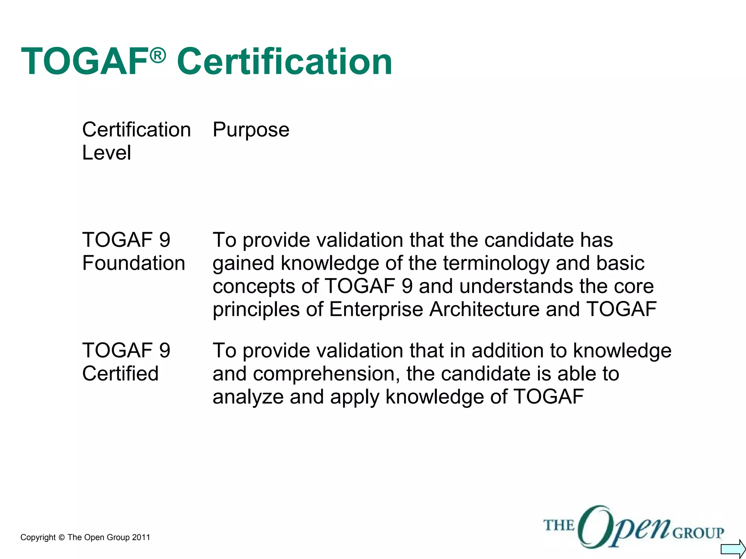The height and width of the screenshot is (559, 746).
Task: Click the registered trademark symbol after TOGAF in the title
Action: click(x=158, y=56)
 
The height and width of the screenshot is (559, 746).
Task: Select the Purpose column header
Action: click(x=251, y=130)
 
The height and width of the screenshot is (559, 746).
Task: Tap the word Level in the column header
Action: click(x=106, y=152)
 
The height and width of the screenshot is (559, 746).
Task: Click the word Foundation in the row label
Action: click(x=134, y=263)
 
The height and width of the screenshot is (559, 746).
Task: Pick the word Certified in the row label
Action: click(x=120, y=374)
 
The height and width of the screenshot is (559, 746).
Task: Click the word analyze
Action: click(x=248, y=397)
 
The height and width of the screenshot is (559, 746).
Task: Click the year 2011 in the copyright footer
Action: click(x=141, y=538)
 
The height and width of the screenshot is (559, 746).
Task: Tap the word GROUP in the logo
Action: click(x=698, y=533)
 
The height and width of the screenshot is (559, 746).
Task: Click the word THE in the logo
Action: click(x=559, y=525)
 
